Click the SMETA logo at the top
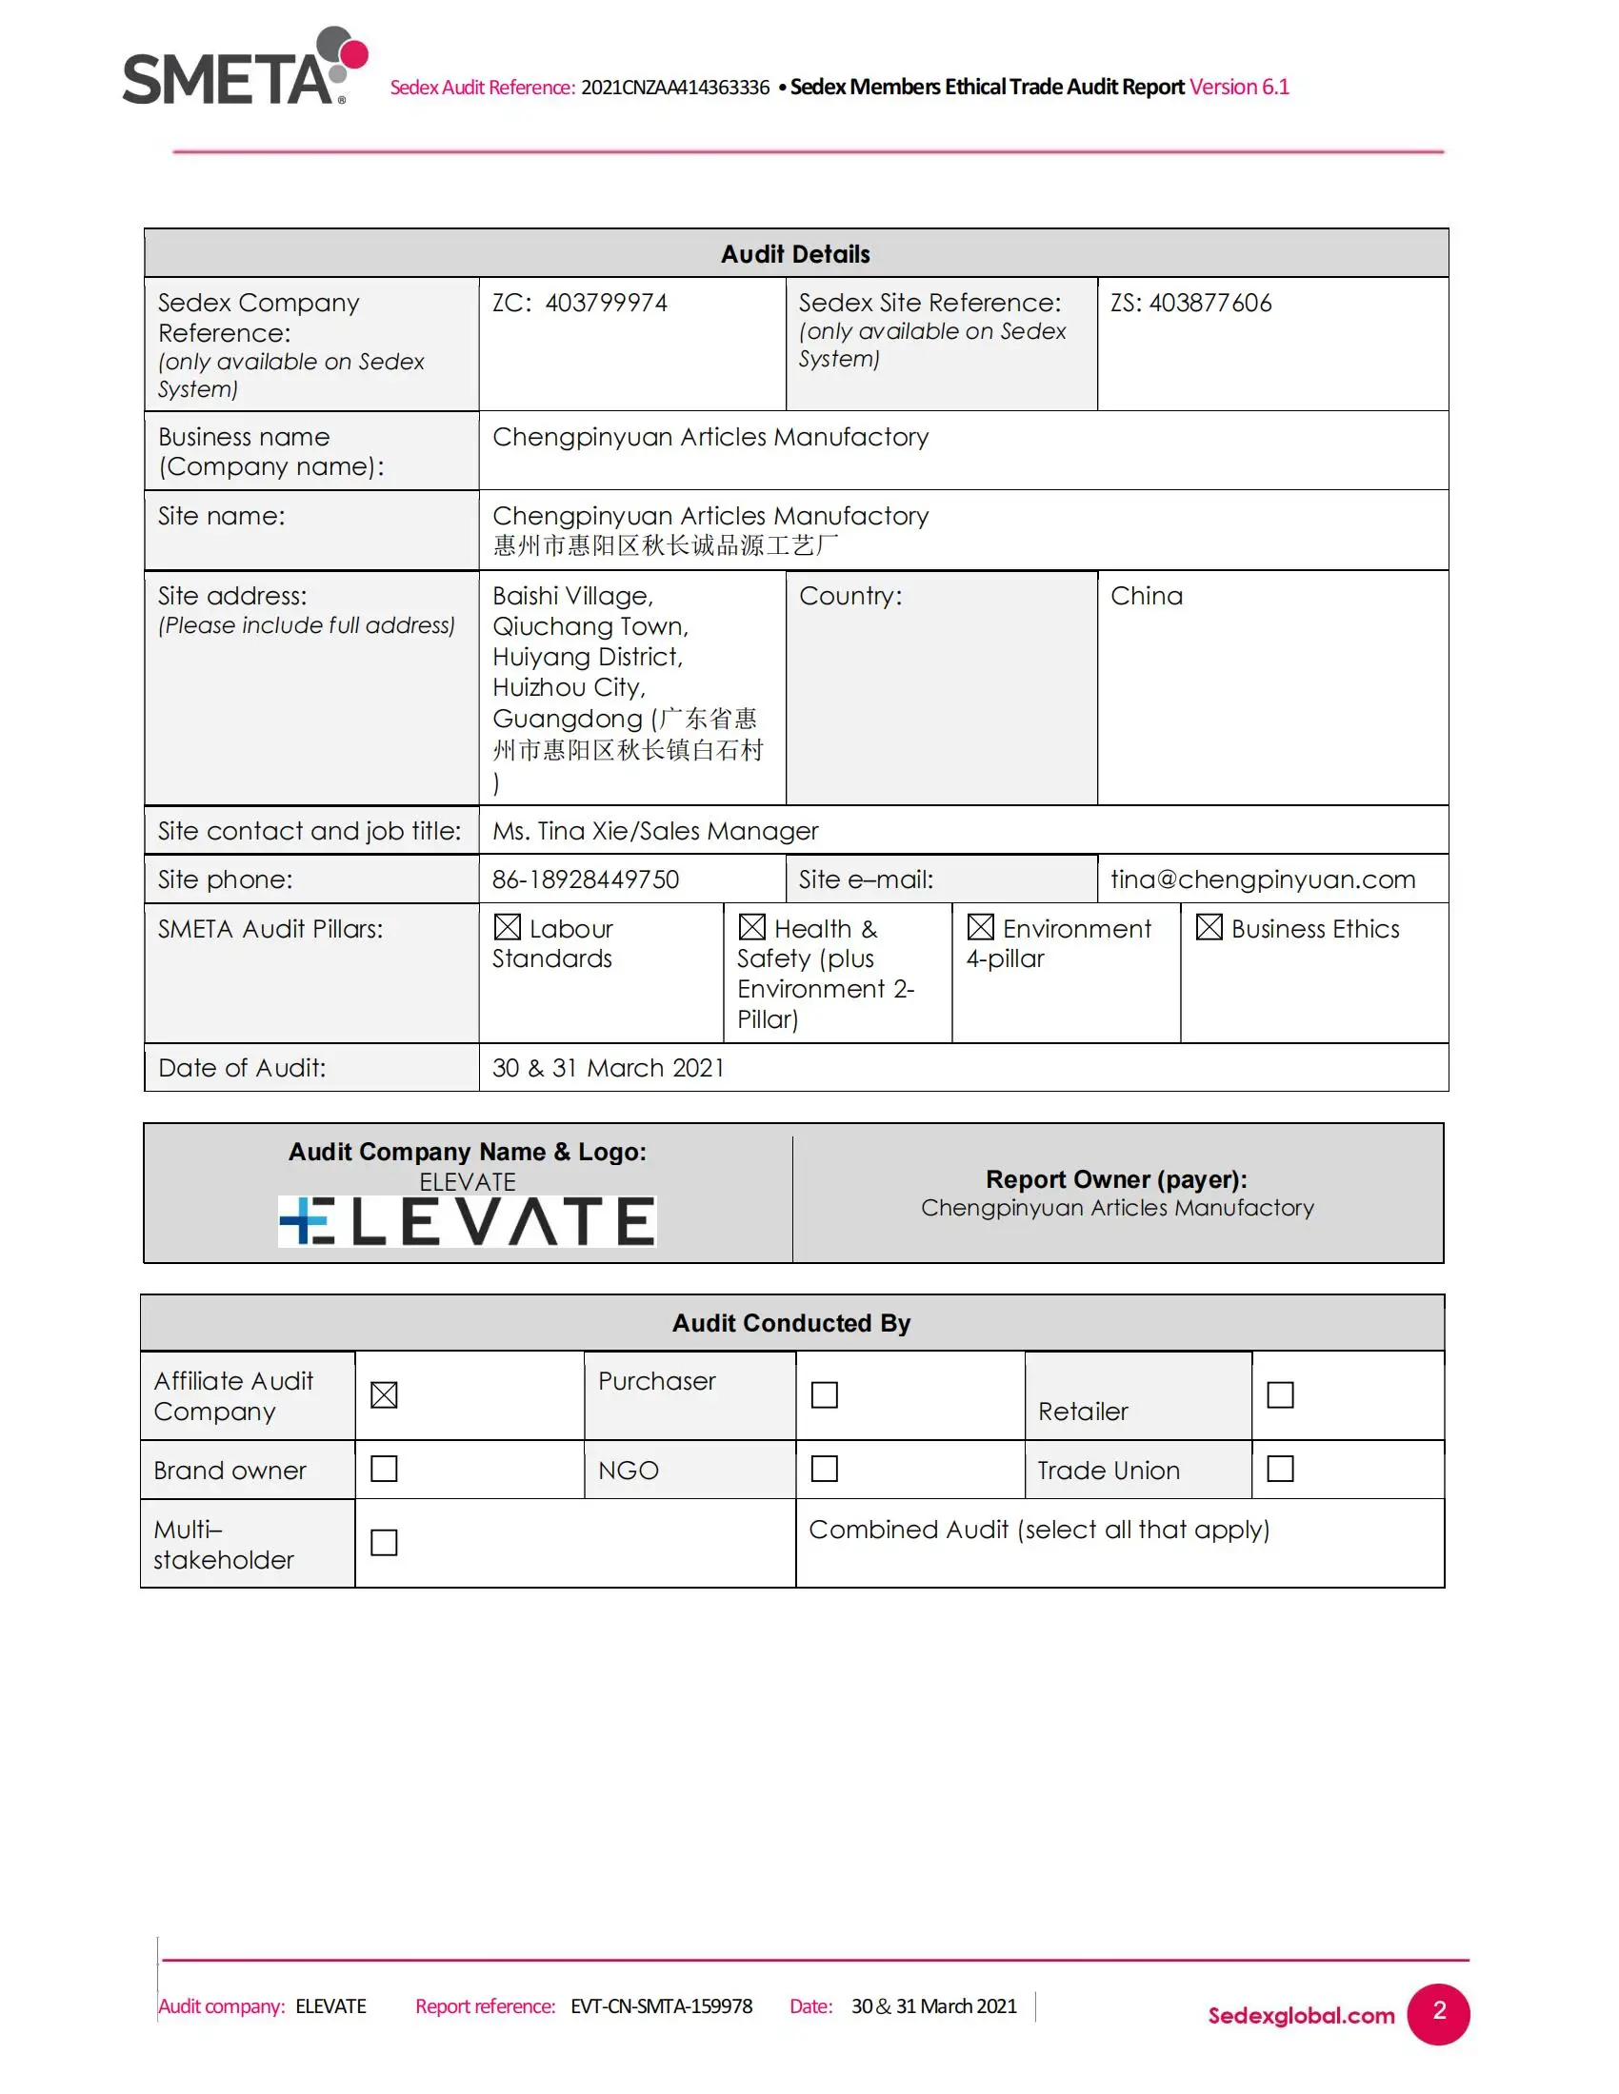pos(244,68)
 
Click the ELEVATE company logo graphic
pos(467,1221)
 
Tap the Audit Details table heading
pos(795,254)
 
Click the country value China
pos(1146,597)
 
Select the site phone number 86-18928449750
pos(585,879)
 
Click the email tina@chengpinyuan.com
pos(1262,879)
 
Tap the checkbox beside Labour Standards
pos(508,927)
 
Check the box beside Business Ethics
pos(1209,927)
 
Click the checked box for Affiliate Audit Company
pos(384,1395)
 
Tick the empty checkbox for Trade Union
pos(1279,1469)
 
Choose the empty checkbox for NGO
pos(824,1469)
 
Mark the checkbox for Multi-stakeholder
pos(384,1543)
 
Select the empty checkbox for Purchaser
pos(824,1395)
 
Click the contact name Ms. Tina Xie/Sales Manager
pos(655,831)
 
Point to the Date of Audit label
pos(242,1068)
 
